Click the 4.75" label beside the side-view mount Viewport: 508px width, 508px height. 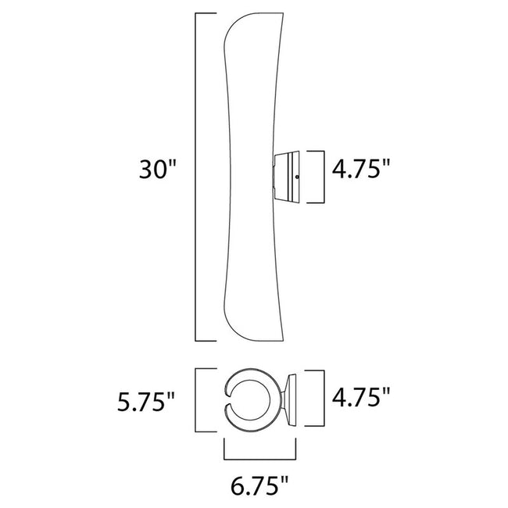pos(361,171)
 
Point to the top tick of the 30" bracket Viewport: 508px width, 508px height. pos(205,14)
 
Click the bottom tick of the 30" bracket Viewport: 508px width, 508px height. pos(205,341)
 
